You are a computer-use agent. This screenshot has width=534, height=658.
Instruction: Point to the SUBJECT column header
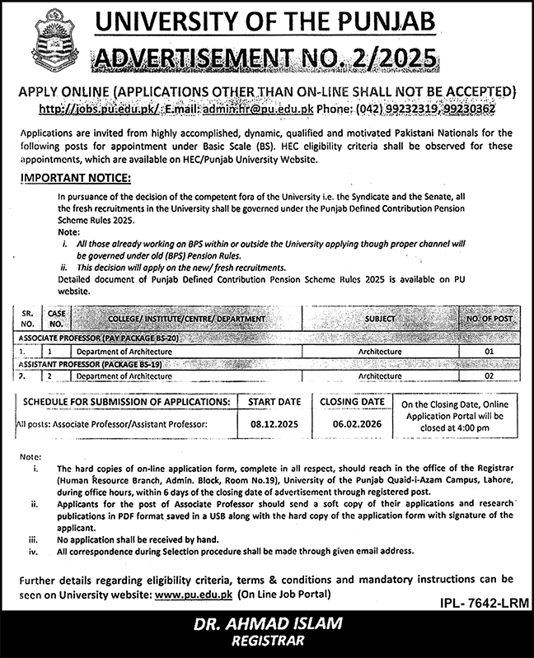tap(380, 317)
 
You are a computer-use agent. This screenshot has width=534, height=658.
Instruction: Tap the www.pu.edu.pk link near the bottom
tap(192, 594)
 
